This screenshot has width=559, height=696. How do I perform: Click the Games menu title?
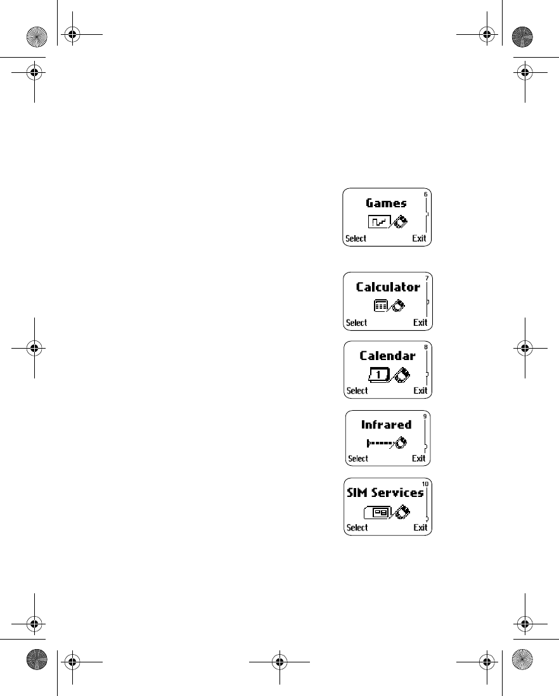[x=386, y=203]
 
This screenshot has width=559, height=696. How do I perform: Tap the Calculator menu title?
[x=388, y=287]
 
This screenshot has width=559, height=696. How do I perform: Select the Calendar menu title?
[x=387, y=356]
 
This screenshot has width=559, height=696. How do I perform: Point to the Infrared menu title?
[x=386, y=425]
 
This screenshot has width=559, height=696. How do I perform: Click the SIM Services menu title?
[x=385, y=493]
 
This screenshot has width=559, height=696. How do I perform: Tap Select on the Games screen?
[x=356, y=239]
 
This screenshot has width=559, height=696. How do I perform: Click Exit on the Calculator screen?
[x=420, y=323]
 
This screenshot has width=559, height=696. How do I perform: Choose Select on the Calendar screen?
[x=357, y=390]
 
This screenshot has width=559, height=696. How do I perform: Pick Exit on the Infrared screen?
[x=419, y=458]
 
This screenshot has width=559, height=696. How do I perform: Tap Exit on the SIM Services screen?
[x=420, y=527]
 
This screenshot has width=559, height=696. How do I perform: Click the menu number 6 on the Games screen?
[x=426, y=194]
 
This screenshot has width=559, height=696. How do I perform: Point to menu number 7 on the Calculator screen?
[x=427, y=278]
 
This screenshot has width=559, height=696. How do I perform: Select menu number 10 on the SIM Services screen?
[x=425, y=484]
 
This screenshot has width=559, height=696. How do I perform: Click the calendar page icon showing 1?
[x=378, y=374]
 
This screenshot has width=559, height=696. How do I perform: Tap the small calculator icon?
[x=380, y=306]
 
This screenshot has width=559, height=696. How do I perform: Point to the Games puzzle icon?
[x=379, y=222]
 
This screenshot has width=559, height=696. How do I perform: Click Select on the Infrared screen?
[x=358, y=458]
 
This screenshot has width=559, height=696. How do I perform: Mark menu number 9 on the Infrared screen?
[x=425, y=416]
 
